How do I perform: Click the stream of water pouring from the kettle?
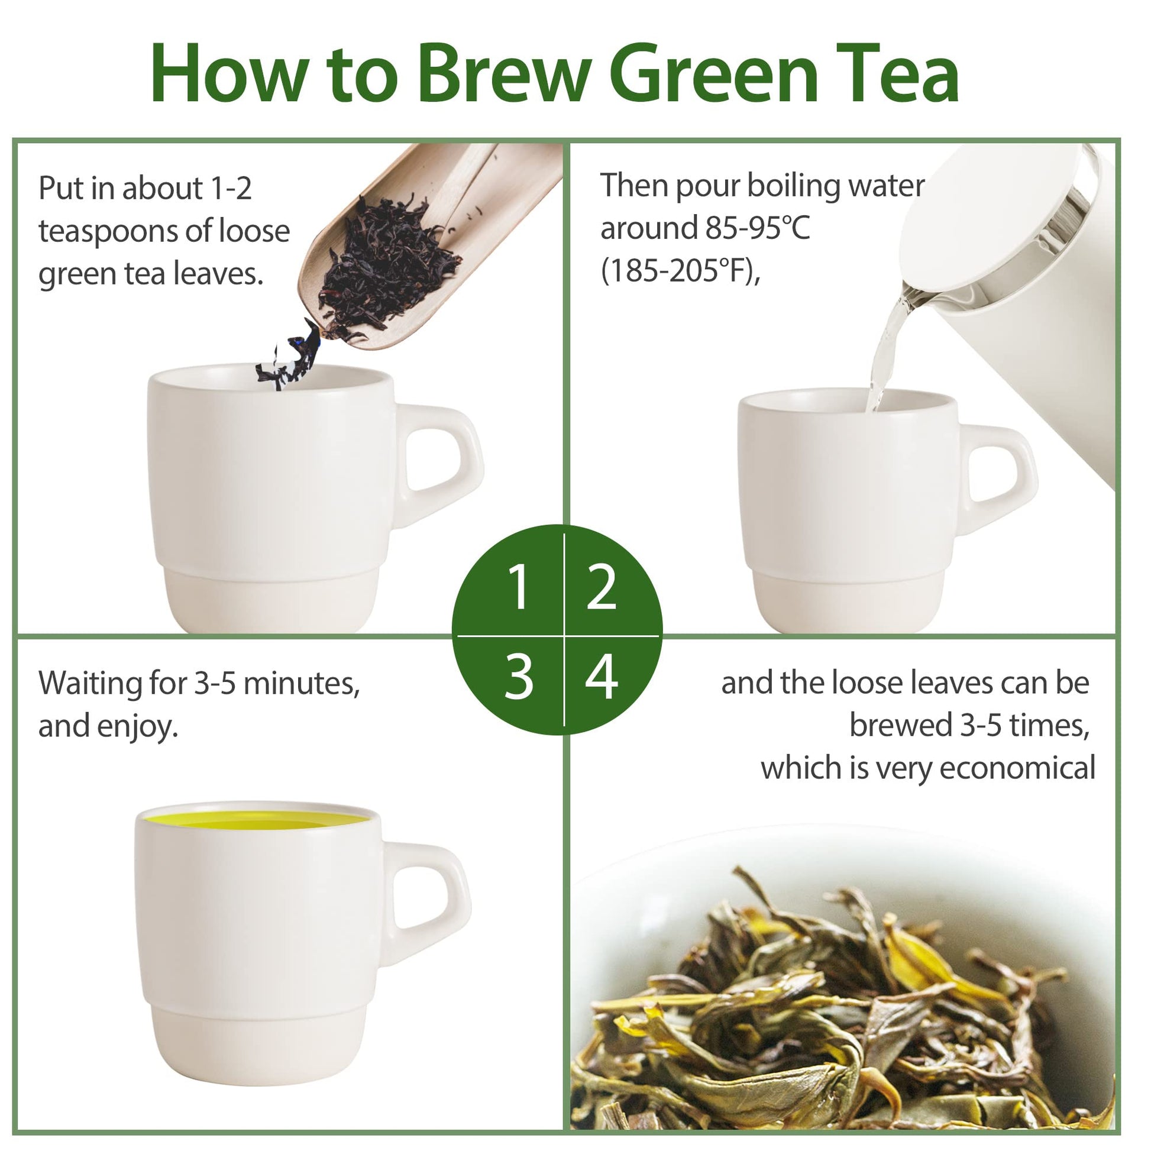(x=885, y=351)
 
